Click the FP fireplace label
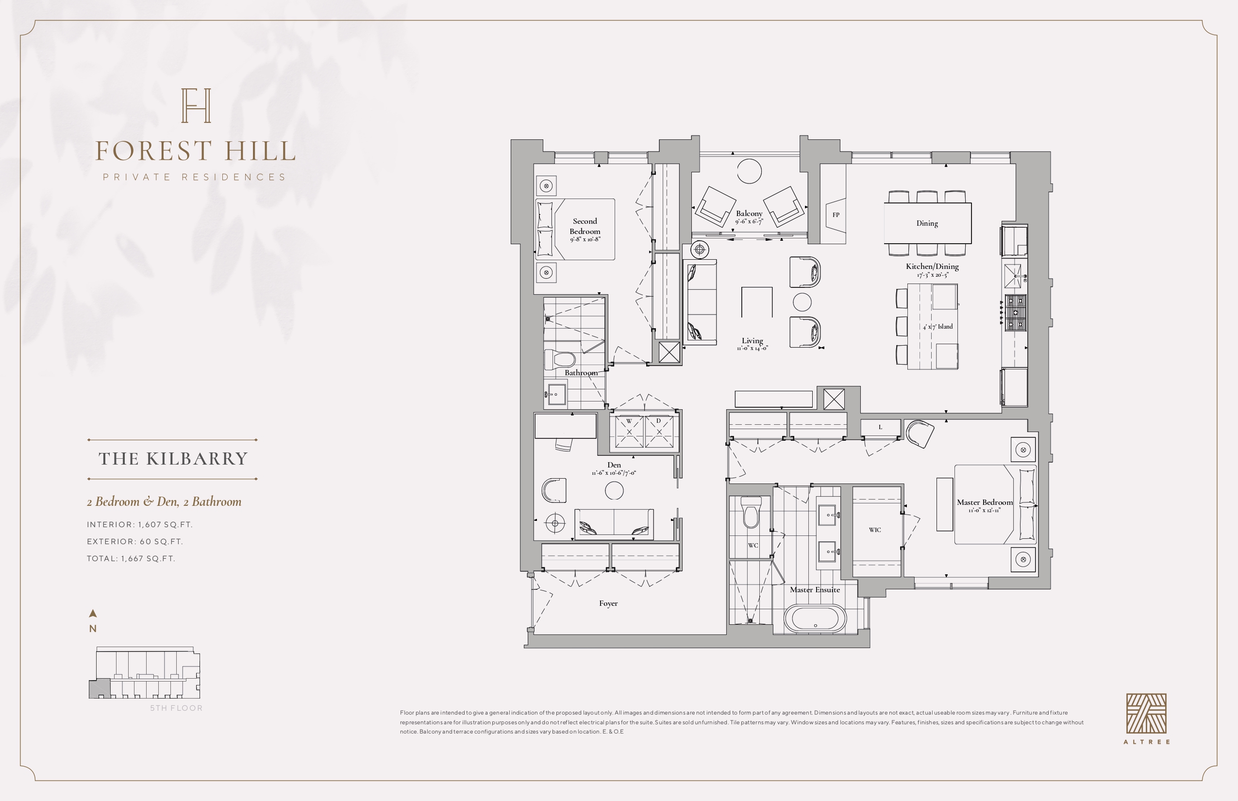click(x=836, y=215)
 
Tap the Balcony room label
click(x=749, y=213)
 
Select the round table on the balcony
click(x=750, y=170)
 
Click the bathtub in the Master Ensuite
click(x=815, y=619)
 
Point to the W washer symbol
click(x=629, y=431)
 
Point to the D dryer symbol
click(x=659, y=431)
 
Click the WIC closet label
click(x=875, y=530)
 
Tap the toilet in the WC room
click(x=751, y=512)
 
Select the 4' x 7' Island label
click(x=938, y=327)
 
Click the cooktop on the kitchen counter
click(x=1015, y=313)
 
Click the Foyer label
click(x=608, y=603)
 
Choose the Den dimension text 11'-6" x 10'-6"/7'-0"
click(x=614, y=473)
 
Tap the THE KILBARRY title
click(x=173, y=459)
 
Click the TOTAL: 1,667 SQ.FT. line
click(x=131, y=559)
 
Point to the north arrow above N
click(x=93, y=614)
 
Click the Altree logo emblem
click(x=1146, y=714)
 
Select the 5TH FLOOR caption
click(x=176, y=708)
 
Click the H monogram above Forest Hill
click(x=196, y=106)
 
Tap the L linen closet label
click(x=880, y=427)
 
